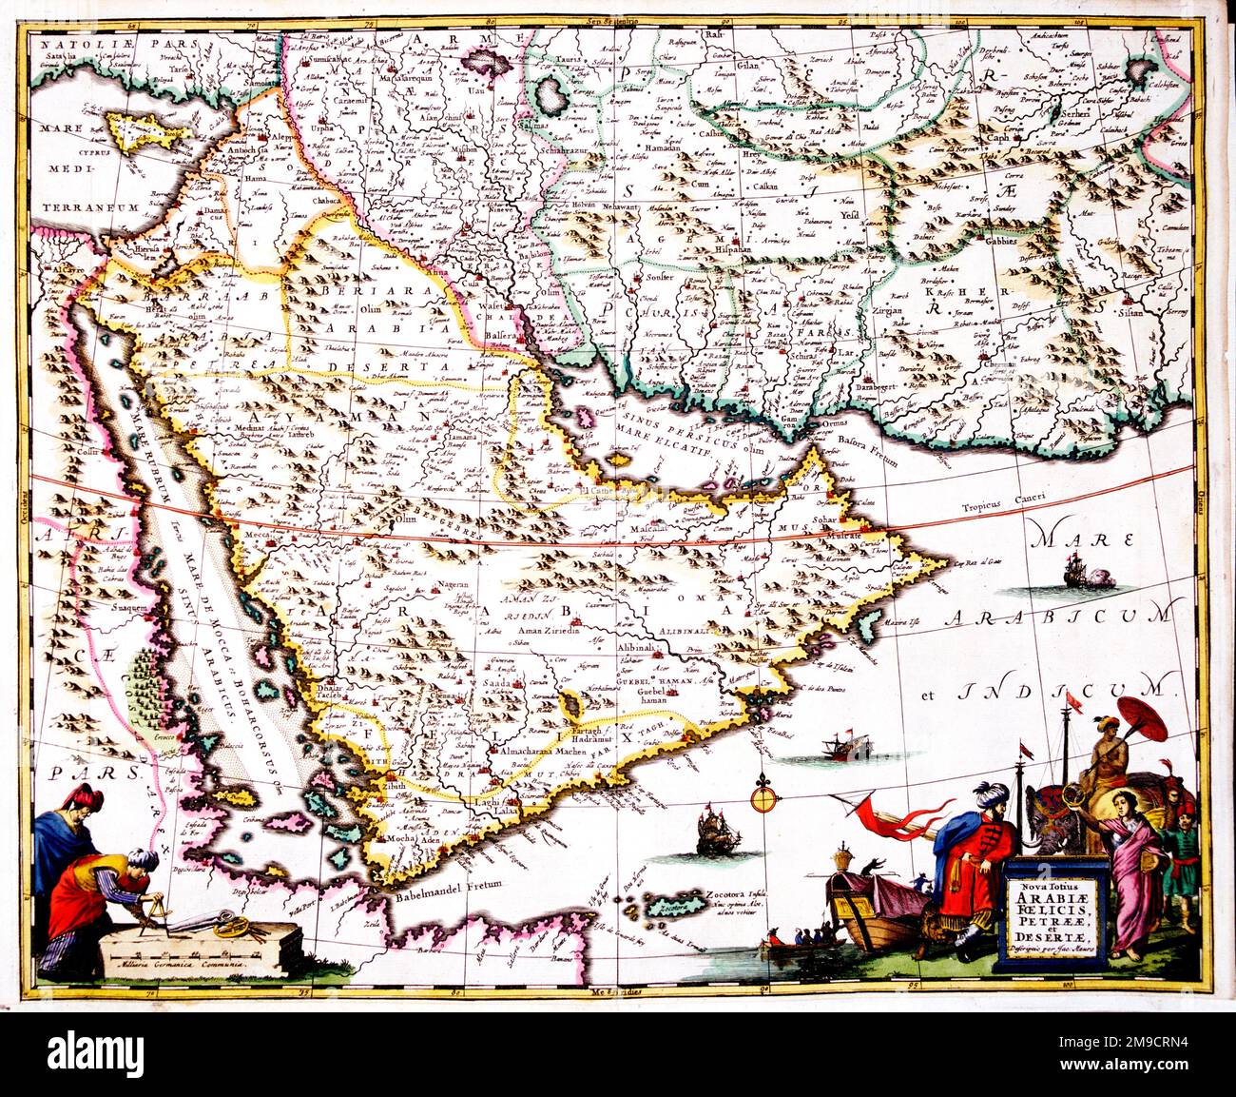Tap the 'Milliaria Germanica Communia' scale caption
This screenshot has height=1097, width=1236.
click(x=179, y=964)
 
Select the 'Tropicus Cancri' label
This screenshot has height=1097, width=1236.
click(x=999, y=508)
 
